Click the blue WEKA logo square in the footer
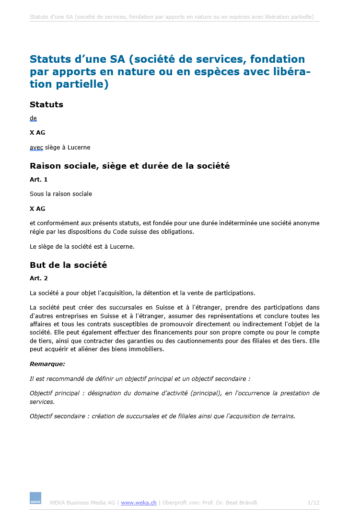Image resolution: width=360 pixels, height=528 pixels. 35,498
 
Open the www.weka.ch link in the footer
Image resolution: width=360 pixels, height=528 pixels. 139,503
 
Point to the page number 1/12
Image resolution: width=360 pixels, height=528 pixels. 313,503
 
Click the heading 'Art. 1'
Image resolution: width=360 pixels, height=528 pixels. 38,179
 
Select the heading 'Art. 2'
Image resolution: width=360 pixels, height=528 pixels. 38,278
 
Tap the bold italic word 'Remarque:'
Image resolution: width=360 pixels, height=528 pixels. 47,364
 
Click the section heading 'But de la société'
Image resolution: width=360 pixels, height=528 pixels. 68,265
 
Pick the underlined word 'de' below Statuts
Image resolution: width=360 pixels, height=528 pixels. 33,118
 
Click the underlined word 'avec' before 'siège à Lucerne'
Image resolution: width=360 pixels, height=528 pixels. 36,148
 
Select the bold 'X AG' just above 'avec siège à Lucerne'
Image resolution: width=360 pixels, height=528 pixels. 37,133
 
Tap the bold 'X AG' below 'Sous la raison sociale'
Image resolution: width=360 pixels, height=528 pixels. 37,208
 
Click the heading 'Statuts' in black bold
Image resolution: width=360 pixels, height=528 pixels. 46,104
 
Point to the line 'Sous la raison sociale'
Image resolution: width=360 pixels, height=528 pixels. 61,194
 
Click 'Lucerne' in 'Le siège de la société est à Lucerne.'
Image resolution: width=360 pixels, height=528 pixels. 123,247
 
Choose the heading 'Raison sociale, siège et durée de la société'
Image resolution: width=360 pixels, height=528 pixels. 129,166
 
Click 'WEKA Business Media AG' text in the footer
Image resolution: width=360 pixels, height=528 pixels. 82,503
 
